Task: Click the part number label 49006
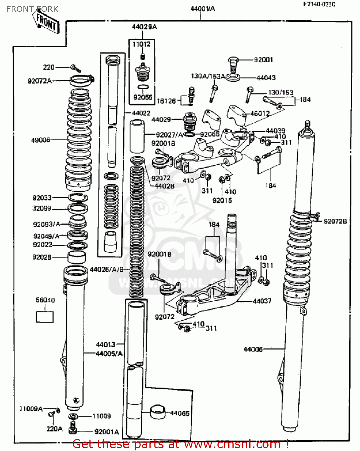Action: (x=40, y=140)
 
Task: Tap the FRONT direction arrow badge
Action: (x=46, y=22)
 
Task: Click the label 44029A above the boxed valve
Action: (x=144, y=27)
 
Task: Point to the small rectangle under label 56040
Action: (x=45, y=317)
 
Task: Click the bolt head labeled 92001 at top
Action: (x=233, y=62)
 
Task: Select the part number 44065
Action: (x=180, y=413)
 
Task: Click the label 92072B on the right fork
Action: (x=335, y=222)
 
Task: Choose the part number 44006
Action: (x=253, y=349)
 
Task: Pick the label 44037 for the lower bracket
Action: (x=262, y=301)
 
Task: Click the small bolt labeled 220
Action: (x=75, y=68)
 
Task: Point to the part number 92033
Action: (x=42, y=198)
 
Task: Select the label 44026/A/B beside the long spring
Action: (x=106, y=269)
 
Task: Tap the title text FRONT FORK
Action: (x=32, y=9)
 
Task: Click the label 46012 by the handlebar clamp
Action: (x=260, y=114)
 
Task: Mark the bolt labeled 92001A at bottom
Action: (x=72, y=428)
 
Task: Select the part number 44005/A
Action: (x=109, y=354)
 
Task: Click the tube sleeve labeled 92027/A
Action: (x=137, y=136)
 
